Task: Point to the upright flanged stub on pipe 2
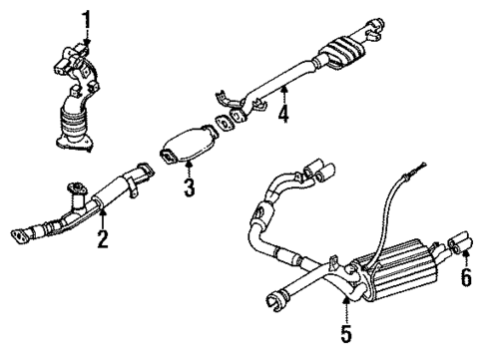(75, 190)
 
